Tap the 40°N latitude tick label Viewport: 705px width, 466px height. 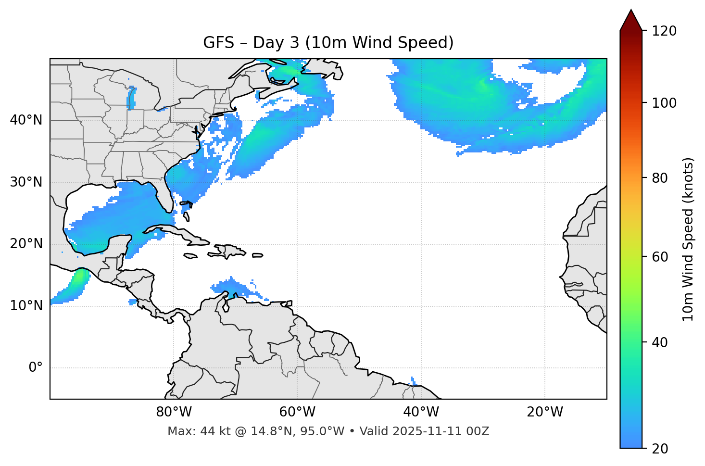26,120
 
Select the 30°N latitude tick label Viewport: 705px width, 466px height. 26,182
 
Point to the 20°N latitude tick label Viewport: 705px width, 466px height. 26,244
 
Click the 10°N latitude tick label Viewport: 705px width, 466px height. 26,306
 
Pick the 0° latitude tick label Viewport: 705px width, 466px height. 36,368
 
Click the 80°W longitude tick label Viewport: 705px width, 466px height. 174,412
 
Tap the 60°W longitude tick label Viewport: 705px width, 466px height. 297,412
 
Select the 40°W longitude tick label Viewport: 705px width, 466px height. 421,412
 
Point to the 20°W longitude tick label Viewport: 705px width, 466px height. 545,412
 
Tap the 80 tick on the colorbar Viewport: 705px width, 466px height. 662,178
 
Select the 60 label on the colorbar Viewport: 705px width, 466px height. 662,257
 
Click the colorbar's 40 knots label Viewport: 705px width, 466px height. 662,342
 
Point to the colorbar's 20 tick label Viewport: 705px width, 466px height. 662,449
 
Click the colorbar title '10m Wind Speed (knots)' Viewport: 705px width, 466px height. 689,239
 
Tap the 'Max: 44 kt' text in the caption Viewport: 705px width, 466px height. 190,431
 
